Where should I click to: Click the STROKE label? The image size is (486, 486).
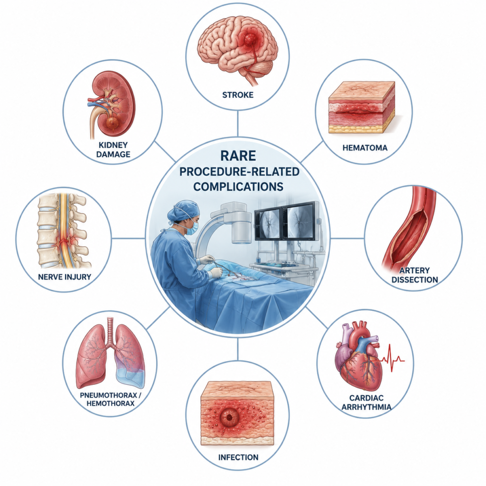[x=238, y=95]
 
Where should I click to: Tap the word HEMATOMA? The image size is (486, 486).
[x=365, y=148]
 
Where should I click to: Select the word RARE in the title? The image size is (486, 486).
[x=238, y=156]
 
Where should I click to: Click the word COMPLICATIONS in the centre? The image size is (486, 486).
[x=238, y=187]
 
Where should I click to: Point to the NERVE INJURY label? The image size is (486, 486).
[x=65, y=277]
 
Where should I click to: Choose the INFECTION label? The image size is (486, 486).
[x=238, y=457]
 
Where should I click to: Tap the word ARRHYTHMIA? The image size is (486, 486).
[x=366, y=407]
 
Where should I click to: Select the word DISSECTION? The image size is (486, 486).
[x=414, y=280]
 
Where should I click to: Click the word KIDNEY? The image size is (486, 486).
[x=113, y=145]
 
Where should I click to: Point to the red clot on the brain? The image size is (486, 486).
[x=250, y=39]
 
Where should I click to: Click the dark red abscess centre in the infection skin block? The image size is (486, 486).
[x=229, y=418]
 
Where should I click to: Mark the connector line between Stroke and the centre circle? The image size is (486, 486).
[x=238, y=123]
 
